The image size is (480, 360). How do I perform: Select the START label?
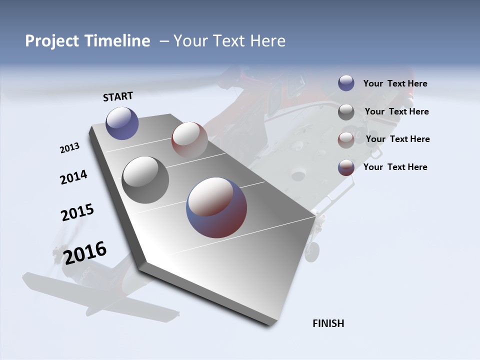tap(118, 96)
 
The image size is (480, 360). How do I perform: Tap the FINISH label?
tap(328, 323)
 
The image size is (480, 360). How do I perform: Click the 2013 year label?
tap(69, 148)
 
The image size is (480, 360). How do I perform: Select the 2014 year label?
tap(73, 177)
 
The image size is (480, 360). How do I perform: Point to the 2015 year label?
tap(77, 212)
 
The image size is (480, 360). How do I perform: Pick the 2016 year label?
tap(85, 253)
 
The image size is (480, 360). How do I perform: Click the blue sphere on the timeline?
tap(122, 123)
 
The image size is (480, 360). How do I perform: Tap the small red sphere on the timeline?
tap(189, 139)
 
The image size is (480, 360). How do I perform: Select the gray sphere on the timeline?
tap(145, 179)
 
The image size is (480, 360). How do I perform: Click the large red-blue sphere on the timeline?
tap(216, 207)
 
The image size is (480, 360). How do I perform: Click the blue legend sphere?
tap(346, 83)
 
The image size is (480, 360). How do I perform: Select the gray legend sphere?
tap(346, 112)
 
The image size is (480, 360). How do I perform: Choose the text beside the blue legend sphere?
tap(395, 84)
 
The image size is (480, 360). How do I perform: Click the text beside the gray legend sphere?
tap(396, 112)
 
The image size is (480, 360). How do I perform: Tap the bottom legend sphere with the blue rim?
tap(346, 167)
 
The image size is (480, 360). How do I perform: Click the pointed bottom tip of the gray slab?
tap(270, 325)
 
